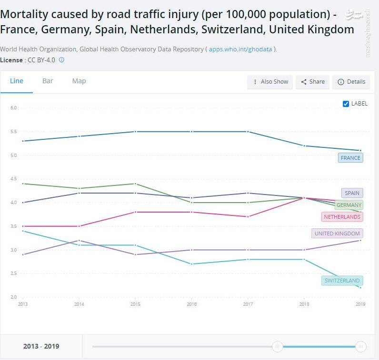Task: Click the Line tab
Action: pos(17,81)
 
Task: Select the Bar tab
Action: pos(48,81)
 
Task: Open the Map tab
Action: pos(79,81)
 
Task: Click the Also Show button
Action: pos(270,82)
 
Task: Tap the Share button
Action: pos(312,82)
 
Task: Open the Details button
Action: pos(351,82)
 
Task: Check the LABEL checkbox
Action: pos(346,104)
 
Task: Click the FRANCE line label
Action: pos(350,157)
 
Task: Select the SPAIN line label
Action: pos(352,193)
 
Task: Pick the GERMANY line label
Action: pos(349,205)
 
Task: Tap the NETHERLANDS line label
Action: pos(342,217)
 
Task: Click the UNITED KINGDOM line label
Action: pos(337,234)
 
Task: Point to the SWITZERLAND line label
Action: pos(342,281)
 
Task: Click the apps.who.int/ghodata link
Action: pos(240,49)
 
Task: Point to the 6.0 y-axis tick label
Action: pos(13,108)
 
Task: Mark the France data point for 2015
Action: pos(135,132)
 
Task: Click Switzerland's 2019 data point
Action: pos(360,288)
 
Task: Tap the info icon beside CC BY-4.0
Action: pos(61,60)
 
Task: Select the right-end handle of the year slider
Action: pos(361,347)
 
